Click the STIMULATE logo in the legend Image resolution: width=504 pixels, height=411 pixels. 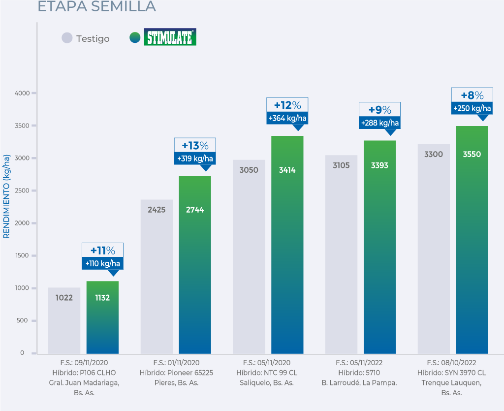(170, 37)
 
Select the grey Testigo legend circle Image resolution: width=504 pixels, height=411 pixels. (67, 38)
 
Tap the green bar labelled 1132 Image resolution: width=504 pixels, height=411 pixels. (102, 317)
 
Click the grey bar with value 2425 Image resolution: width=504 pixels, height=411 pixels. (157, 276)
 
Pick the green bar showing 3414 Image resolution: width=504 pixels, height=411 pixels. (287, 246)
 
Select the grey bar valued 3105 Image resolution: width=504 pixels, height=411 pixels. (341, 256)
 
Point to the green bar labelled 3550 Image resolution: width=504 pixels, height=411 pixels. (472, 241)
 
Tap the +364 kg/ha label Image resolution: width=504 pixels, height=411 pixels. (287, 119)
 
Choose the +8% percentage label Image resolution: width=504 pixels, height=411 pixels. (472, 95)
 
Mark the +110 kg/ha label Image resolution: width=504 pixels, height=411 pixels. (102, 263)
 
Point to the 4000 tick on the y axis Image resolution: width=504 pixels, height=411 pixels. (23, 93)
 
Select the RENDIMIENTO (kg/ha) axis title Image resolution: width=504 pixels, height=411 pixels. (7, 196)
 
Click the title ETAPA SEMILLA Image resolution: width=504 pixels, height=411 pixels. (96, 6)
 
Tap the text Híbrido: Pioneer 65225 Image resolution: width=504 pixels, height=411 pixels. (176, 373)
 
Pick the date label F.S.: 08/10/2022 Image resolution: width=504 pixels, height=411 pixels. (451, 363)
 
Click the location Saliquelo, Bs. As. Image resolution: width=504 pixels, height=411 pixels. (267, 382)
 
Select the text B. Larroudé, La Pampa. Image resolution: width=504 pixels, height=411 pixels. (359, 382)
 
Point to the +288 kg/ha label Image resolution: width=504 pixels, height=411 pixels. (380, 123)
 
